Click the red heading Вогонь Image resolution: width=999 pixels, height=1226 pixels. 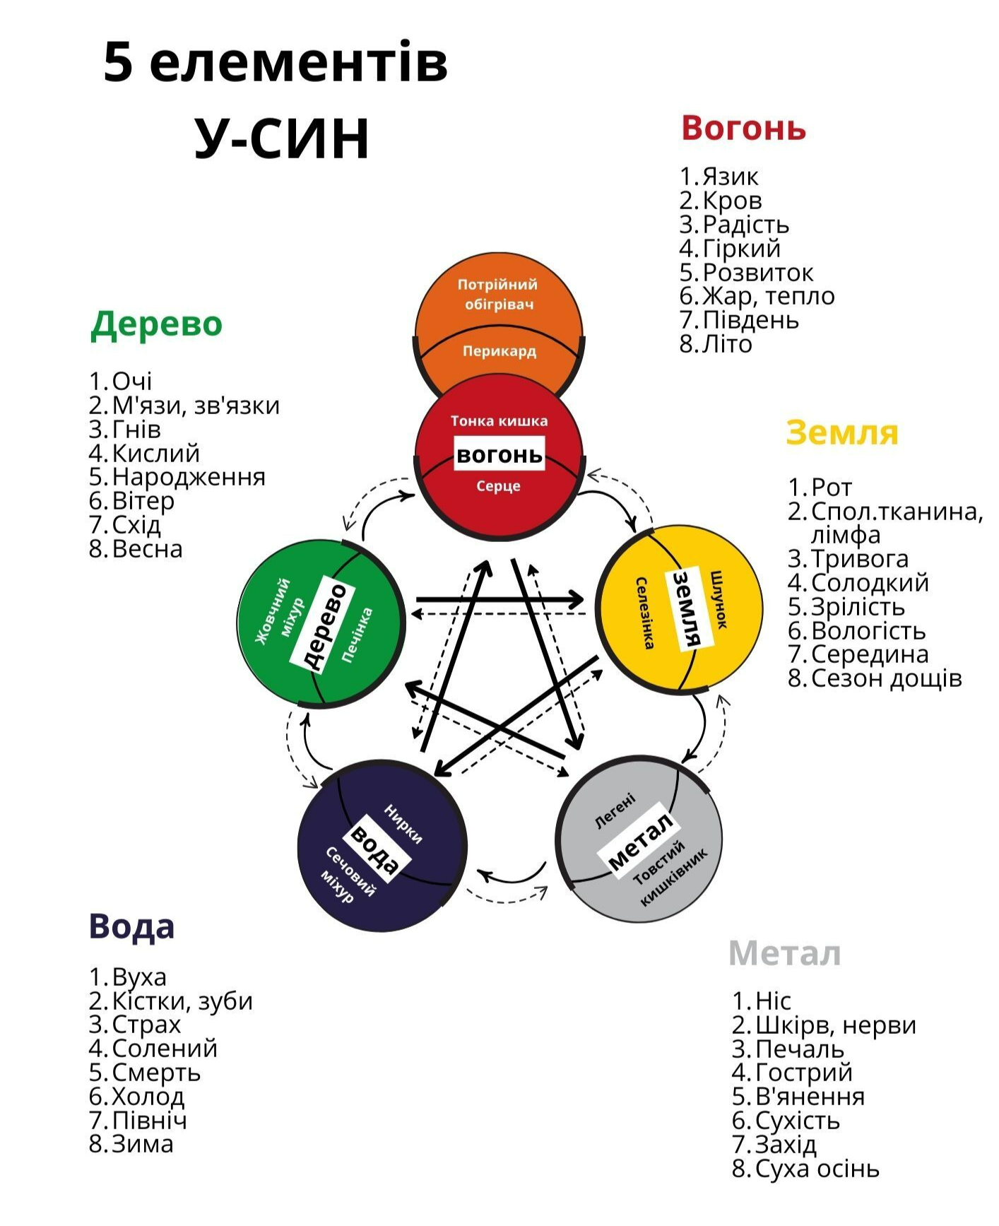point(743,129)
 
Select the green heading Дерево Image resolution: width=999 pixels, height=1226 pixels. point(156,324)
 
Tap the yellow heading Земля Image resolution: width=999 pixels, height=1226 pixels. point(841,432)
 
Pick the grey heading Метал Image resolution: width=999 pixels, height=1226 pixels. point(784,953)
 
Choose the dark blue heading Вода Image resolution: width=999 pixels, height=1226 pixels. point(131,926)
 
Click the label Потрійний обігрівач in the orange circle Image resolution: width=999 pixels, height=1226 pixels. point(498,295)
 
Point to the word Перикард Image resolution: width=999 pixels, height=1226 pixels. point(499,351)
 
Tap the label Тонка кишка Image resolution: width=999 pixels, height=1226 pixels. point(499,421)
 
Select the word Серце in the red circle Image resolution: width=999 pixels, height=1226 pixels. point(498,486)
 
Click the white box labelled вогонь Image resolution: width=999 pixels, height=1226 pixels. point(499,454)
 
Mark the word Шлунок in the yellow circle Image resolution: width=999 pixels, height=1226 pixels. point(719,599)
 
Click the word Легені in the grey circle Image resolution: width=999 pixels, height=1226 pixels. point(615,811)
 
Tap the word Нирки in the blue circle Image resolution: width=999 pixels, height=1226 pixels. point(403,823)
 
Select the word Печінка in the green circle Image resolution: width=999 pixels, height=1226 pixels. point(357,635)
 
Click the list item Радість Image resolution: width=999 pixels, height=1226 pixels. point(745,225)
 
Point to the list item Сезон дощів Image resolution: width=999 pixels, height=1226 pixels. point(886,678)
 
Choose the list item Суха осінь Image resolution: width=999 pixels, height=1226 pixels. point(817,1169)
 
